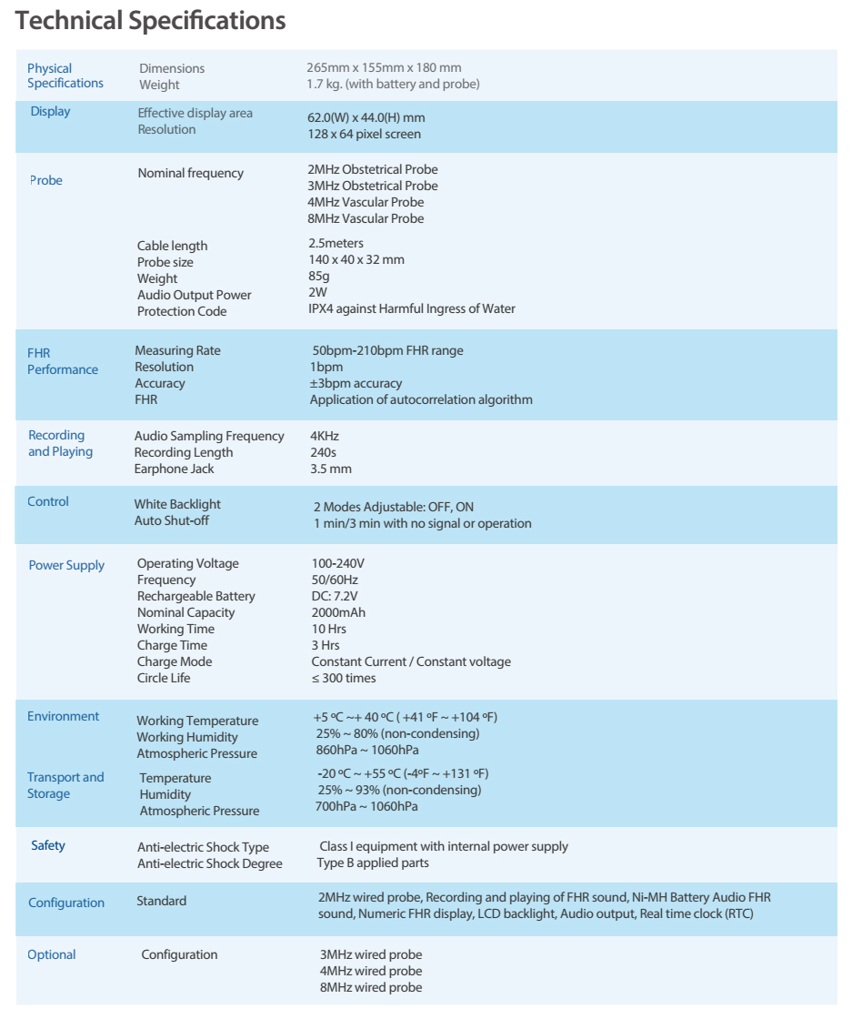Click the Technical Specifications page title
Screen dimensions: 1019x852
[151, 21]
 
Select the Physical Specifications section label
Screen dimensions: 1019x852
[65, 76]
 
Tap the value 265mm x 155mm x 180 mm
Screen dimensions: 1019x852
[384, 68]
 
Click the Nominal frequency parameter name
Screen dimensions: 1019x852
[190, 173]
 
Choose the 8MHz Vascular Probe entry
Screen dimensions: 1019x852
[366, 218]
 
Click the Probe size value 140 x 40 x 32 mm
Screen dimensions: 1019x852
[356, 260]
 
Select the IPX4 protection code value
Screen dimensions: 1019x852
[411, 309]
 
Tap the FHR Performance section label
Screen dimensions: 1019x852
[62, 361]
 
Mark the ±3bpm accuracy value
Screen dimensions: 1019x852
[356, 384]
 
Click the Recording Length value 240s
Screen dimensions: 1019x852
[324, 453]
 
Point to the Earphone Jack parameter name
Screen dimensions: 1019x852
[174, 469]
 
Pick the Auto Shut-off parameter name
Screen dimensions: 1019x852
[172, 521]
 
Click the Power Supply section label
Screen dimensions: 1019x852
[66, 566]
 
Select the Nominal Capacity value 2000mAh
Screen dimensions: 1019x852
[338, 613]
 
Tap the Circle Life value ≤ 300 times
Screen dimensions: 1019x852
[343, 679]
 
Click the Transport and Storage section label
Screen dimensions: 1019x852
[65, 785]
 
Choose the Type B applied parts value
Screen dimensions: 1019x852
[373, 863]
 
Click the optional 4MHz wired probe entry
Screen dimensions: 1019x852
[370, 972]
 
